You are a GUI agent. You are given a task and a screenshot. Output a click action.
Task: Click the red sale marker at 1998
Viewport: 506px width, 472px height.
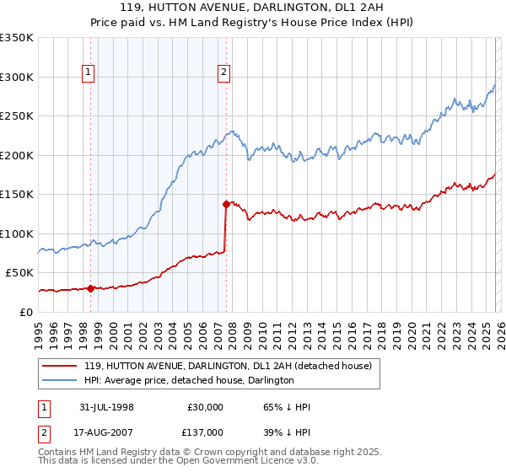tap(91, 288)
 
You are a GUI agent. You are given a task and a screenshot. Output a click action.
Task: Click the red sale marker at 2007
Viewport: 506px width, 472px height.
tap(226, 204)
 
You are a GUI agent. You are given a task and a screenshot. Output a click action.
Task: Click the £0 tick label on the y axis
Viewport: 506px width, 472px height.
tap(26, 312)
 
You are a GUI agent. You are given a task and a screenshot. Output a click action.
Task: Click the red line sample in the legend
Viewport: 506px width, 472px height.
tap(60, 366)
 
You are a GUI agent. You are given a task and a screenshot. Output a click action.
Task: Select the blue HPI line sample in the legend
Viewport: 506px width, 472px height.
tap(60, 380)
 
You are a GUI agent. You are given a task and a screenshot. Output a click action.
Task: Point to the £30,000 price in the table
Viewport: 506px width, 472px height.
tap(205, 407)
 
